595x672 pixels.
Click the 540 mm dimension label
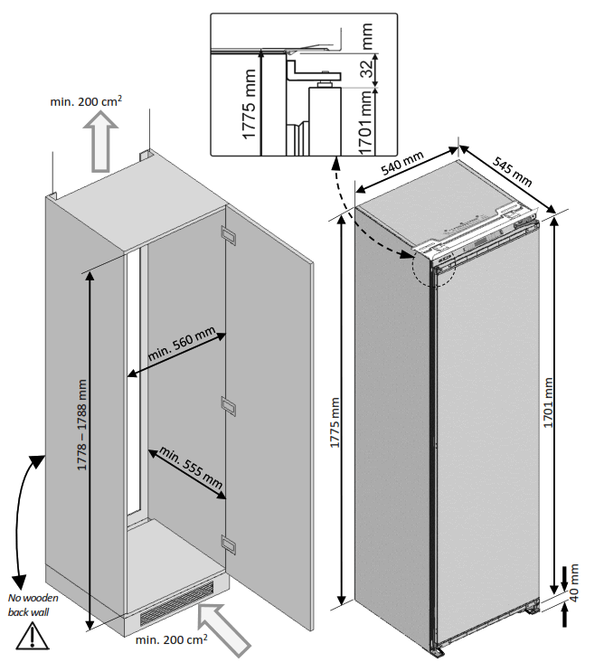(401, 166)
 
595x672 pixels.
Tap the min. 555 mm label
(190, 468)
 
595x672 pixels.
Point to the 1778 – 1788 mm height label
(82, 424)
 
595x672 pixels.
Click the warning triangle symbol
(34, 637)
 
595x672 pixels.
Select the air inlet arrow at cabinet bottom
(222, 627)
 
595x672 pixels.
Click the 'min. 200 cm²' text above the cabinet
(86, 101)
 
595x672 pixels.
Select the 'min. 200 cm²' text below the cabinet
(172, 640)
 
